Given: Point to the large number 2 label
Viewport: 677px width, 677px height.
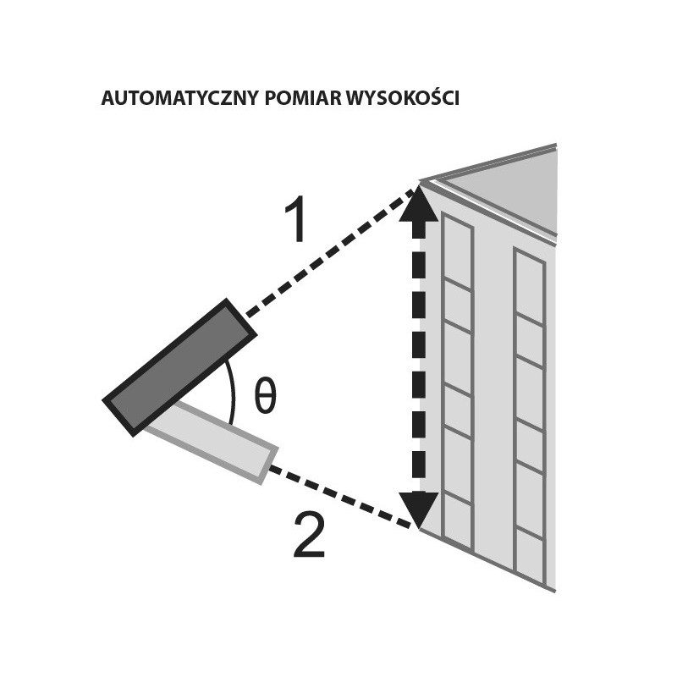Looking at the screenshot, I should pos(308,537).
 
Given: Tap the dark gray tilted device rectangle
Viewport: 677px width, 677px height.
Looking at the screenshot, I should pos(179,366).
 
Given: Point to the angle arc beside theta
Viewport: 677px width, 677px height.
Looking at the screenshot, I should pos(230,389).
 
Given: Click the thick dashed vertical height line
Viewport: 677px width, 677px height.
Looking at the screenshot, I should pos(418,355).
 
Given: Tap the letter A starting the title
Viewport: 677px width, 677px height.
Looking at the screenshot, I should pos(107,99).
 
